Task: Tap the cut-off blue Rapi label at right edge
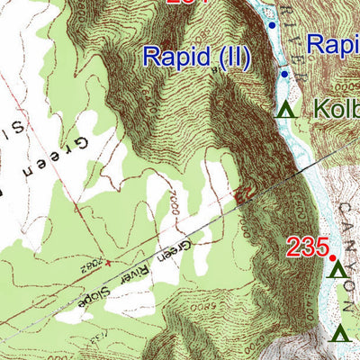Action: pos(332,43)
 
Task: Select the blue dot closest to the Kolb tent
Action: pos(283,74)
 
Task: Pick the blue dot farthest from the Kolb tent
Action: pos(272,26)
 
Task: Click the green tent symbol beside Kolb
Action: pos(286,111)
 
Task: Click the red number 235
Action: pos(306,247)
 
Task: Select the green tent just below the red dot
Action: pos(337,270)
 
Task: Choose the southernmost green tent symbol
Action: pos(340,335)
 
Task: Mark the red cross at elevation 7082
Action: pos(107,264)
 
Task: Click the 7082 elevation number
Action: pos(90,267)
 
